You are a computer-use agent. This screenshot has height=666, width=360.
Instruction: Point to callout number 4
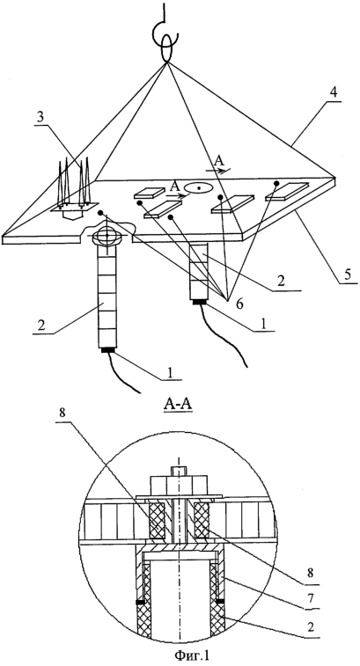(334, 91)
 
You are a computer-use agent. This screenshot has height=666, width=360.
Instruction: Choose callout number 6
(239, 304)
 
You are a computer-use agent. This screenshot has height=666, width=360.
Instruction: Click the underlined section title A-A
(178, 405)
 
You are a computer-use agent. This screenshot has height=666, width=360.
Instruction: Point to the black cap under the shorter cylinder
(200, 303)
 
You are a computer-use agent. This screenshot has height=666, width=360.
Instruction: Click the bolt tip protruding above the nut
(179, 471)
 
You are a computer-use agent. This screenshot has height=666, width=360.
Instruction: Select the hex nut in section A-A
(179, 485)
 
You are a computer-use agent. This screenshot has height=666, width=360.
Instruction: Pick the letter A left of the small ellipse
(173, 187)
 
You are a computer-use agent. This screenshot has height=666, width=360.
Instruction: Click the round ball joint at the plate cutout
(107, 235)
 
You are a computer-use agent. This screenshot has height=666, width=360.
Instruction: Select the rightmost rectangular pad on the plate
(286, 190)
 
